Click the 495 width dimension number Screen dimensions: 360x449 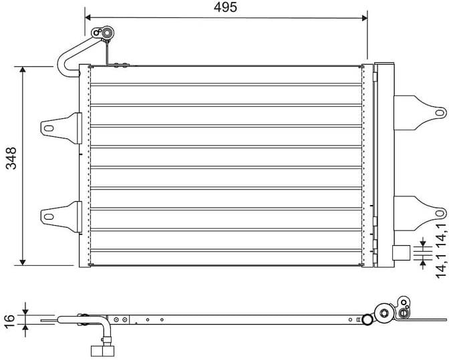pyautogui.click(x=226, y=7)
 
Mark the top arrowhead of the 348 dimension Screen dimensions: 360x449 pyautogui.click(x=23, y=70)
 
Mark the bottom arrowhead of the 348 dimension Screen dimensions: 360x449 pyautogui.click(x=23, y=261)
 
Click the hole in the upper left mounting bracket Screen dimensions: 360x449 pyautogui.click(x=48, y=127)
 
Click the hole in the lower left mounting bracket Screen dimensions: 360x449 pyautogui.click(x=48, y=215)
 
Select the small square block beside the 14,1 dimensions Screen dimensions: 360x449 pyautogui.click(x=400, y=252)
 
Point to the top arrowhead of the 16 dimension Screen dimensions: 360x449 pyautogui.click(x=25, y=311)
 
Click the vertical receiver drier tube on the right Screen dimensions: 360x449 pyautogui.click(x=384, y=164)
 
